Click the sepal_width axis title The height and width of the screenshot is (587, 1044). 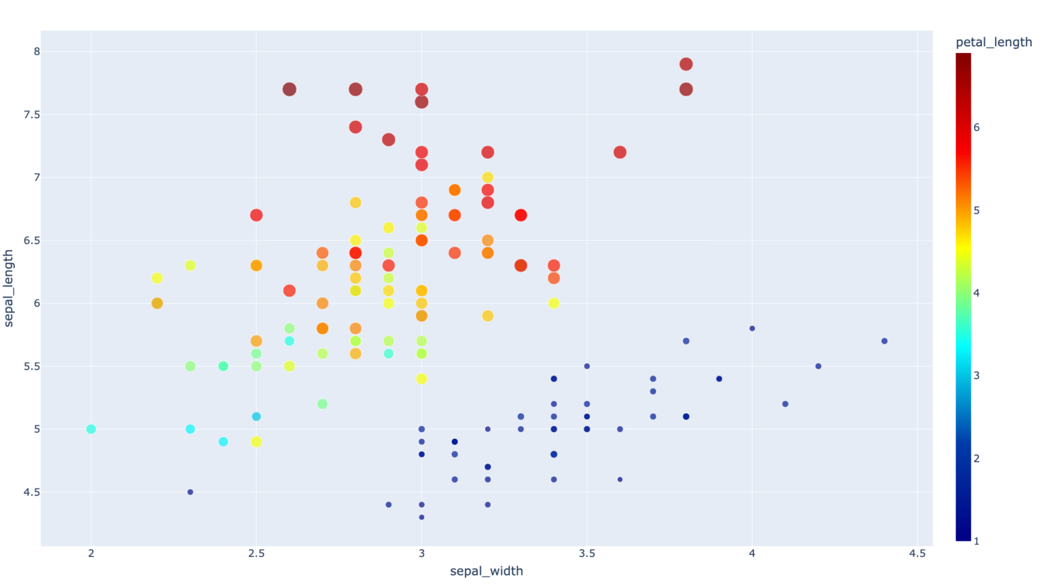tap(486, 571)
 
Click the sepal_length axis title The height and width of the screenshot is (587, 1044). tap(9, 288)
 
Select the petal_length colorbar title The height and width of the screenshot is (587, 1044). tap(993, 42)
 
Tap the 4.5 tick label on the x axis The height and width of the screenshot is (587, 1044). tap(917, 554)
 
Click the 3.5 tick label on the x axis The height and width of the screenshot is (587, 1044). tap(587, 554)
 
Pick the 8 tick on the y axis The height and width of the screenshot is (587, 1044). tap(37, 52)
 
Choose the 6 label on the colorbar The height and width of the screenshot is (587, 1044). tap(976, 127)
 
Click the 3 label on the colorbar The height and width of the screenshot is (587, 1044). tap(976, 376)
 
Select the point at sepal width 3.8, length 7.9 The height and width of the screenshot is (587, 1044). tap(686, 65)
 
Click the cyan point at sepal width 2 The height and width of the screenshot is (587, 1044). tap(91, 429)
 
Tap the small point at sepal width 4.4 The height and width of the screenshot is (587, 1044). tap(884, 341)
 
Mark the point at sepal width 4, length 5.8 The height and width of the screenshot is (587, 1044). tap(752, 329)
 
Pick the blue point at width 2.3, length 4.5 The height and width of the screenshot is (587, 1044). tap(190, 492)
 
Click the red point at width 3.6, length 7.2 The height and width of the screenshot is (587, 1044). tap(620, 152)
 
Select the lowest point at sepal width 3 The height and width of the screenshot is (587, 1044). tap(421, 518)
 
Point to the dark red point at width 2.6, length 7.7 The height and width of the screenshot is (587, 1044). tap(290, 90)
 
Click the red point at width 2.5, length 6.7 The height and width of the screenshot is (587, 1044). tap(256, 215)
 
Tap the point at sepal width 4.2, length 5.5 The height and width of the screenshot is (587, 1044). tap(818, 366)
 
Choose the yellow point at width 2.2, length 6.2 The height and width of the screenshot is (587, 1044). tap(157, 278)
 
